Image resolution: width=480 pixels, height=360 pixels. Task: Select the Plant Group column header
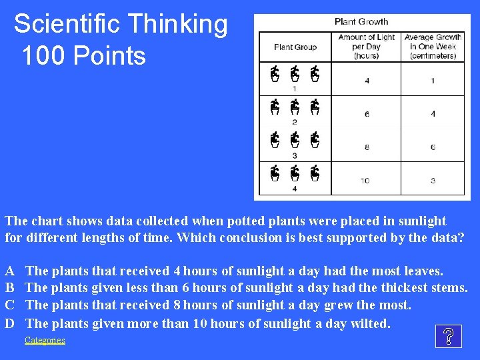coord(295,47)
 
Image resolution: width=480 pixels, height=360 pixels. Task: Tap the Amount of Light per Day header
coord(366,47)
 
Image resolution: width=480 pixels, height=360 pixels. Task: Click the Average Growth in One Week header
coord(433,47)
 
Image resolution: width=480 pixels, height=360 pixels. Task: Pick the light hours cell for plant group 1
coord(367,81)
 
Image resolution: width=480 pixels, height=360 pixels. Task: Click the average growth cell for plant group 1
coord(433,81)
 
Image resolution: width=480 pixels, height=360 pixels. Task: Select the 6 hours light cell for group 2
coord(367,114)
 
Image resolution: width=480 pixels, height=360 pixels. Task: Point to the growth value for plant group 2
coord(433,114)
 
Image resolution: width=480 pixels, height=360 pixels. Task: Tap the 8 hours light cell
coord(367,147)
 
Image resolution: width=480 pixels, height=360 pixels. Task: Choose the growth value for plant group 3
coord(433,147)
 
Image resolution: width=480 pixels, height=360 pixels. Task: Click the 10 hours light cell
coord(365,181)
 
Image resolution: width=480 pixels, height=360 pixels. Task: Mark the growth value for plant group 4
coord(433,181)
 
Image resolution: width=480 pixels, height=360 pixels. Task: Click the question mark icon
coord(448,337)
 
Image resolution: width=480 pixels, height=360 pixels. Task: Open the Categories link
coord(45,340)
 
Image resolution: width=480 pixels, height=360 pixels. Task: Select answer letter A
coord(10,271)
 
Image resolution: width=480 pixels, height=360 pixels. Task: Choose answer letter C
coord(10,305)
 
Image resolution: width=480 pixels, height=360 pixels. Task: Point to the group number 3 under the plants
coord(295,156)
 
